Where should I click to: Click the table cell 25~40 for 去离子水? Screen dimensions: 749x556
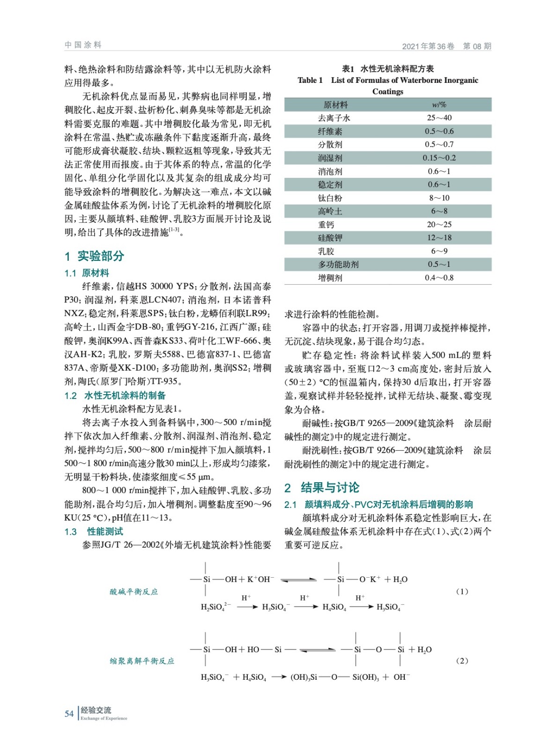[x=439, y=118]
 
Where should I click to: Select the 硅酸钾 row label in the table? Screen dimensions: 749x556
[x=330, y=238]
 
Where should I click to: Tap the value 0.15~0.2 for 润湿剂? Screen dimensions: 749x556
[x=439, y=158]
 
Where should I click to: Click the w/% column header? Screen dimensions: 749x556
[x=439, y=105]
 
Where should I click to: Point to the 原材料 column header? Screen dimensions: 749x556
[x=335, y=105]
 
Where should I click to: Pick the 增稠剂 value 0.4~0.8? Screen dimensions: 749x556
[x=439, y=278]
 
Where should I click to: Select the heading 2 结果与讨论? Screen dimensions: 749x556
[x=322, y=488]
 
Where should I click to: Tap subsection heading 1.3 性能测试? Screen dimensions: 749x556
[x=94, y=531]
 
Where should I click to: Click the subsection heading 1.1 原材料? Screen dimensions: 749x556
[x=87, y=273]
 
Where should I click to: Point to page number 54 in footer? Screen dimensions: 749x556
[x=69, y=714]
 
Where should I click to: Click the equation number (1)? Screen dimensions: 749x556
[x=462, y=591]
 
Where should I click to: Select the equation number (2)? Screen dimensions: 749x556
[x=462, y=661]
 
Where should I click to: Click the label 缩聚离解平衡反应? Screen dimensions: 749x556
[x=142, y=661]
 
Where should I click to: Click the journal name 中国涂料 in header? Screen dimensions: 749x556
[x=83, y=45]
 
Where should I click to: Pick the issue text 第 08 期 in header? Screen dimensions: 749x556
[x=477, y=46]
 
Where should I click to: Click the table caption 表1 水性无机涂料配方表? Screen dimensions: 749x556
[x=388, y=69]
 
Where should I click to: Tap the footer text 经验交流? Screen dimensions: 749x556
[x=96, y=710]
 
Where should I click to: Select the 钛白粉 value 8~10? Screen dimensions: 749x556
[x=439, y=198]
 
